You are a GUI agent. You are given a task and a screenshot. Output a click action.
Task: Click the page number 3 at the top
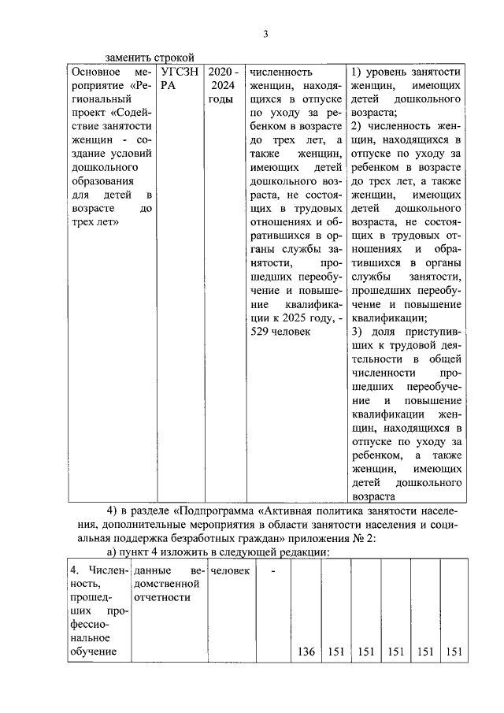coord(265,33)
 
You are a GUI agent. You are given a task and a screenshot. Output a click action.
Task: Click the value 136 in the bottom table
coord(306,651)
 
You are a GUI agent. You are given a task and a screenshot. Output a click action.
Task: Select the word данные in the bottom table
coord(153,569)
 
